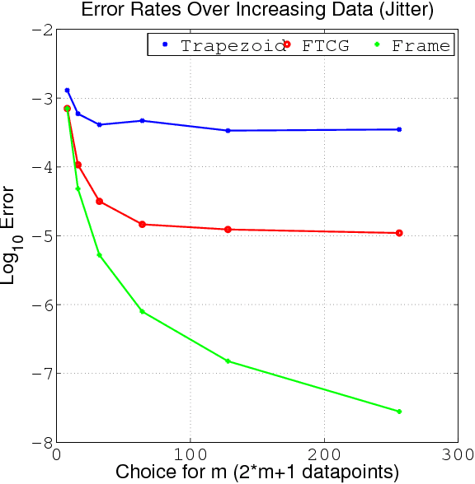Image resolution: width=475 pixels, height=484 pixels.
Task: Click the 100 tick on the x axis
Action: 190,454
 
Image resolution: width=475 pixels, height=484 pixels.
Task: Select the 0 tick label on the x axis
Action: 57,454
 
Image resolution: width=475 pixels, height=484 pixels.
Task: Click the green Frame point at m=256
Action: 399,412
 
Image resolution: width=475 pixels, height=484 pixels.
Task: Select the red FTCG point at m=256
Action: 399,233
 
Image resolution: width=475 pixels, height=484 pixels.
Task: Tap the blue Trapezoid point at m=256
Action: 399,129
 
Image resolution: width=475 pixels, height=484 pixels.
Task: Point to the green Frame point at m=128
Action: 228,361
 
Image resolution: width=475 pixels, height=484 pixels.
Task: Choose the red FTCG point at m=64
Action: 142,224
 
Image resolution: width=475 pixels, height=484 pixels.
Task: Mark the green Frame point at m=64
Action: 142,311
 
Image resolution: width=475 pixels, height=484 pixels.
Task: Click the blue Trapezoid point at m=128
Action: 228,130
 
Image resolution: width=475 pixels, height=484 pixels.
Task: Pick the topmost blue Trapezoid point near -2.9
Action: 67,90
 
